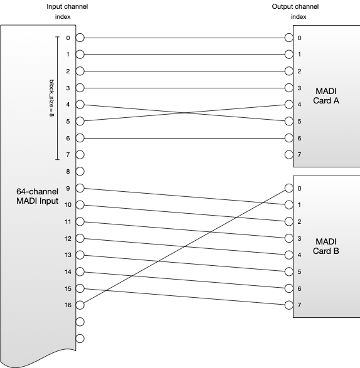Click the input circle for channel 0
(x=80, y=38)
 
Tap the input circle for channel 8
(x=80, y=171)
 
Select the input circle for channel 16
(x=80, y=305)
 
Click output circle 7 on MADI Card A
(x=289, y=155)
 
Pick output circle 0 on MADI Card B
(x=289, y=188)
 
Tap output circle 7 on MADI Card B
(x=289, y=305)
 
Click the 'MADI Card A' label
(x=326, y=96)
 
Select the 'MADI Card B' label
(x=326, y=246)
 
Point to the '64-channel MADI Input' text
(x=38, y=196)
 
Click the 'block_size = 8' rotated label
(x=51, y=98)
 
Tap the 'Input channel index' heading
(x=67, y=11)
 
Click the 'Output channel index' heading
(x=295, y=11)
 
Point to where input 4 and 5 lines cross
(x=185, y=113)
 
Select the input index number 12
(x=68, y=238)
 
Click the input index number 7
(x=68, y=155)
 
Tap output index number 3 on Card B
(x=299, y=238)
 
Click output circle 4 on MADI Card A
(x=289, y=105)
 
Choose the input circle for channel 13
(x=80, y=255)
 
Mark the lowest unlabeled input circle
(x=80, y=339)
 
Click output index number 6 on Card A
(x=299, y=138)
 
